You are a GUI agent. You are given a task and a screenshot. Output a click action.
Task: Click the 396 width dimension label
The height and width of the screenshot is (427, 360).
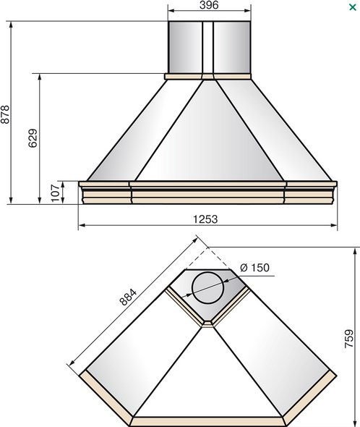point(209,5)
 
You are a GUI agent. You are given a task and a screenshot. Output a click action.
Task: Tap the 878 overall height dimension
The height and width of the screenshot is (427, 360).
point(5,114)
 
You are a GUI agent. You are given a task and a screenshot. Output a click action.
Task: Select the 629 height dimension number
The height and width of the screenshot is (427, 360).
point(33,138)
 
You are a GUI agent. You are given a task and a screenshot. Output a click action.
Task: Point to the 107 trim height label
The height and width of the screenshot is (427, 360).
point(55,193)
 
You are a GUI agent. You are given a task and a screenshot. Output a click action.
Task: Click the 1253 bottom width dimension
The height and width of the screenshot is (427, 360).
point(205,219)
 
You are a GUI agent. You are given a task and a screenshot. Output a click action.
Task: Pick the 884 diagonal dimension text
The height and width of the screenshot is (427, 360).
point(128,297)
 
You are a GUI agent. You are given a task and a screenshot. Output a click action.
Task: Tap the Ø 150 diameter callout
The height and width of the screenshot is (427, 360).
point(254,268)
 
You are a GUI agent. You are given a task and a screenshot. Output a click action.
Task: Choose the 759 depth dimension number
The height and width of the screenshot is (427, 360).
point(349,339)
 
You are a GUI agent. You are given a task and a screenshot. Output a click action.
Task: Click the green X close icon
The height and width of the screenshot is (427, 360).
point(352,7)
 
